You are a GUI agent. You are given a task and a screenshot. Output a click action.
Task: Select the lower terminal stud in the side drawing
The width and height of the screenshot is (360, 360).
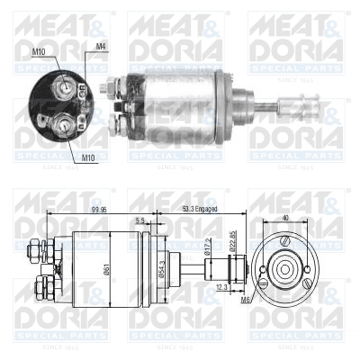39,288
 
